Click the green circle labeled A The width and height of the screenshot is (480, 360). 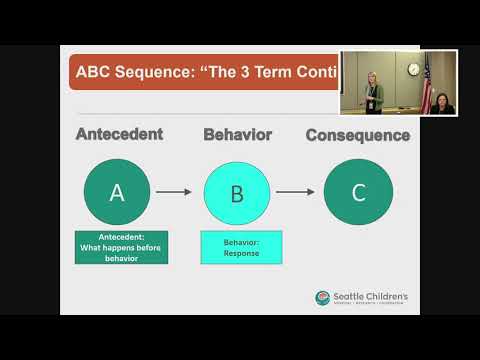pyautogui.click(x=117, y=193)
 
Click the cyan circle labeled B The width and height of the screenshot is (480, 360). pyautogui.click(x=237, y=193)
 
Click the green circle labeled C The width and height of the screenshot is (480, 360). pyautogui.click(x=358, y=193)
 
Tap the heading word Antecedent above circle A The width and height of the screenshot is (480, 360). pyautogui.click(x=121, y=134)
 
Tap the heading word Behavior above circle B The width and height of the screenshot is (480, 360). pyautogui.click(x=237, y=134)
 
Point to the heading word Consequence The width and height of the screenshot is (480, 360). pyautogui.click(x=357, y=134)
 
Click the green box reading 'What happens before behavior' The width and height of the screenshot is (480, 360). pyautogui.click(x=121, y=247)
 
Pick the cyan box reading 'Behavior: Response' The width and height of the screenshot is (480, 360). pyautogui.click(x=241, y=247)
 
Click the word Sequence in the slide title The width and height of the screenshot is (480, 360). pyautogui.click(x=180, y=73)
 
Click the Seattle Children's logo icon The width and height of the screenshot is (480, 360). pyautogui.click(x=322, y=298)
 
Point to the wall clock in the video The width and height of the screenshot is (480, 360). pyautogui.click(x=413, y=69)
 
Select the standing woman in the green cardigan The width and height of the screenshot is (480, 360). pyautogui.click(x=372, y=93)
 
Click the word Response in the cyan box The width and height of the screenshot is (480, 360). pyautogui.click(x=241, y=254)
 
